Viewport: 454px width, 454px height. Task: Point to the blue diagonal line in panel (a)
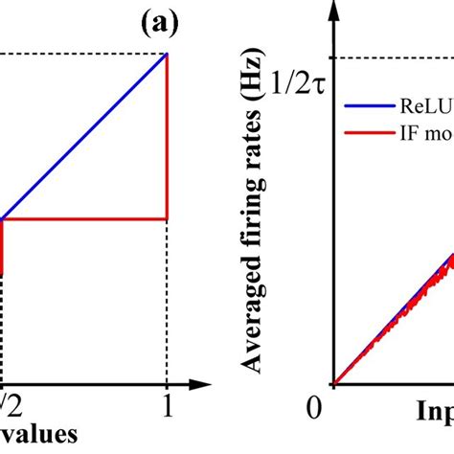86,136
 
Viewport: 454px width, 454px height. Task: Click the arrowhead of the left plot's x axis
204,384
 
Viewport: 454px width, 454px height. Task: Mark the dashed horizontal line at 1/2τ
393,57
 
